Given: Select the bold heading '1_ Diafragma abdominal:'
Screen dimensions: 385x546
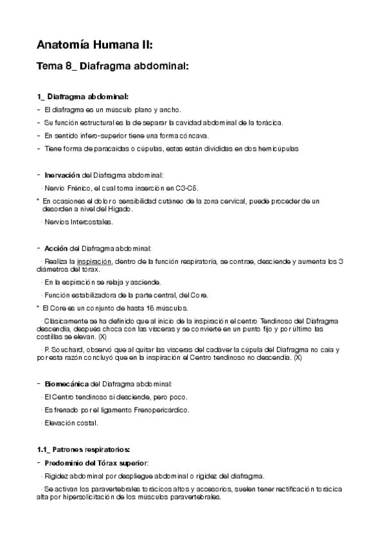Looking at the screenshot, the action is click(83, 97).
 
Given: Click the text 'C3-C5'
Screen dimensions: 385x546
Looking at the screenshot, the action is click(186, 188).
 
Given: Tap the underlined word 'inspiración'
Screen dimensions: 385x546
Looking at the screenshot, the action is click(94, 261).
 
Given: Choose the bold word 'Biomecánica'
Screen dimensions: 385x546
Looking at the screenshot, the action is click(67, 383).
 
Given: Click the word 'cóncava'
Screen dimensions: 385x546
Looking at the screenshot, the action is click(190, 136).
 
